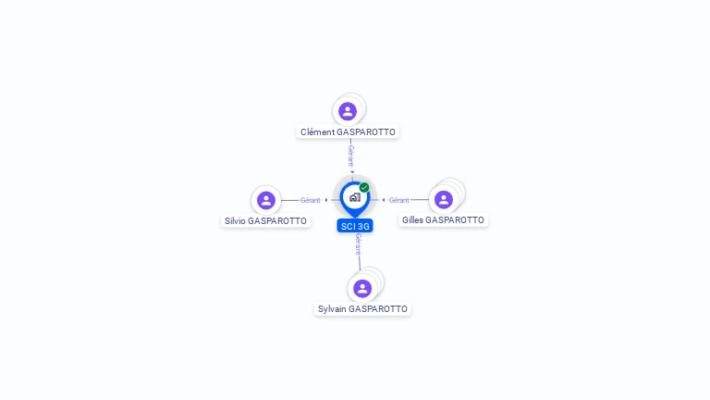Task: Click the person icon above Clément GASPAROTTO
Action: [348, 111]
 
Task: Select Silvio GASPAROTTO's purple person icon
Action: [266, 200]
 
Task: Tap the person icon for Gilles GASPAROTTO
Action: [444, 199]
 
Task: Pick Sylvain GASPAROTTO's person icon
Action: [362, 288]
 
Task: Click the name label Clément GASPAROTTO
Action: [348, 132]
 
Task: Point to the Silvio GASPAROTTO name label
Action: [265, 221]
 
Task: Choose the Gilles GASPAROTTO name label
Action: [443, 220]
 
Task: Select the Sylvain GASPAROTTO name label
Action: [362, 309]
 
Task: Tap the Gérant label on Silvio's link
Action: [310, 200]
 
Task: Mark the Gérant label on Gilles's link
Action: [398, 200]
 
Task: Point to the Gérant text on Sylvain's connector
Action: [358, 244]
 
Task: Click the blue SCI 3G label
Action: [355, 226]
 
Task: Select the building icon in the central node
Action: [354, 197]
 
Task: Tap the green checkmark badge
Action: [364, 188]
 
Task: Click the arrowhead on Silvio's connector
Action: [326, 200]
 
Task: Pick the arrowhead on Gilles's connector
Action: [384, 200]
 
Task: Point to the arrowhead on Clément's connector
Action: [352, 171]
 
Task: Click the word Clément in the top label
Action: [317, 132]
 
